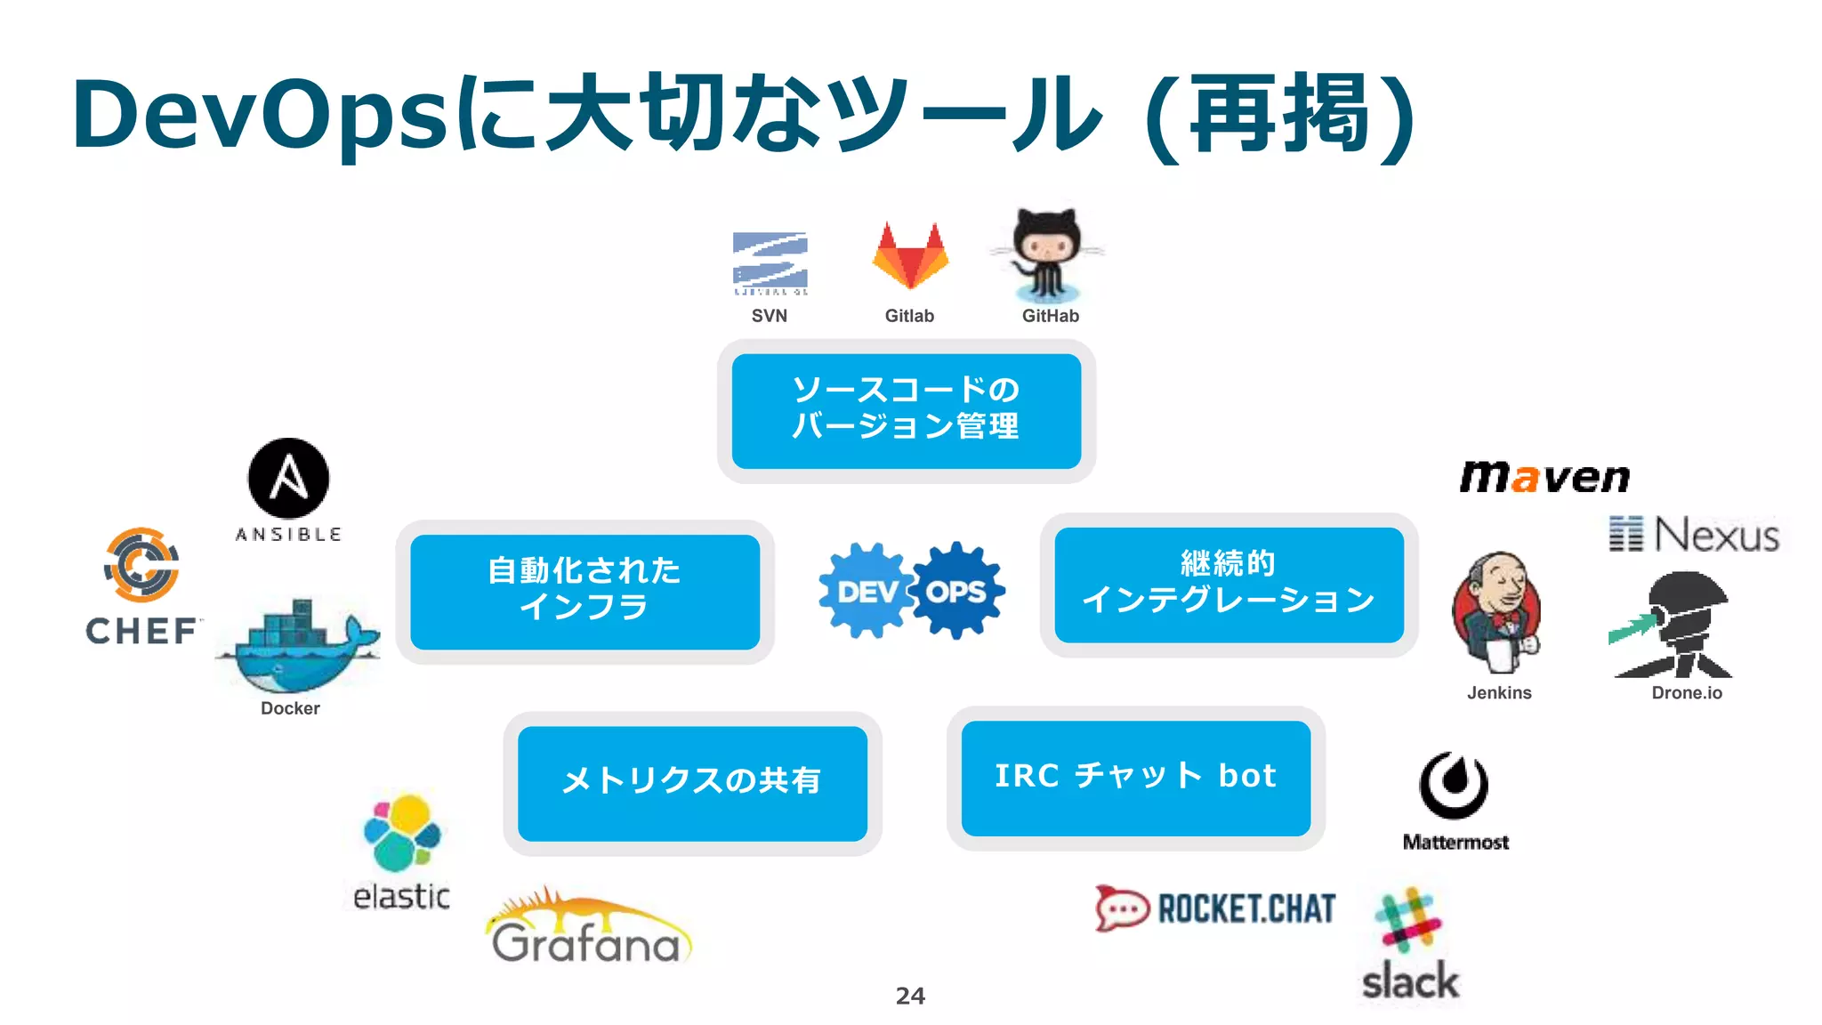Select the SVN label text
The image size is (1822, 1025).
pyautogui.click(x=769, y=316)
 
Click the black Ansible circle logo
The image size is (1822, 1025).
pyautogui.click(x=288, y=478)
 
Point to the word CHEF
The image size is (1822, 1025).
pyautogui.click(x=141, y=631)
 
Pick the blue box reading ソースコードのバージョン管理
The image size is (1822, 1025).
pyautogui.click(x=906, y=410)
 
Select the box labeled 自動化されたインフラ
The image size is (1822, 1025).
pyautogui.click(x=584, y=591)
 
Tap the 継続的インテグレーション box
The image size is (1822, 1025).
pyautogui.click(x=1229, y=584)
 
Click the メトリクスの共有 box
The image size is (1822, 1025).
pyautogui.click(x=692, y=782)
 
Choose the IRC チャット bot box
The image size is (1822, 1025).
pyautogui.click(x=1135, y=777)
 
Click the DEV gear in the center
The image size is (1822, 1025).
pyautogui.click(x=866, y=591)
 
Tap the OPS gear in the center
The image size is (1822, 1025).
pyautogui.click(x=957, y=591)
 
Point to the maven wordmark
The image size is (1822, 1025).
pyautogui.click(x=1544, y=478)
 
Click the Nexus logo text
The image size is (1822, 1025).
pyautogui.click(x=1715, y=535)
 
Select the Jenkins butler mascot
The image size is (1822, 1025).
pyautogui.click(x=1497, y=612)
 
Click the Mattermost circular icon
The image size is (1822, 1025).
pyautogui.click(x=1454, y=785)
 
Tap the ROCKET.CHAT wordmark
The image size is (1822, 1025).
pyautogui.click(x=1246, y=908)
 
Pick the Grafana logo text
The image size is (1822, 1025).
pyautogui.click(x=586, y=943)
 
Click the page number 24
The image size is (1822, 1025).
pyautogui.click(x=910, y=996)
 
